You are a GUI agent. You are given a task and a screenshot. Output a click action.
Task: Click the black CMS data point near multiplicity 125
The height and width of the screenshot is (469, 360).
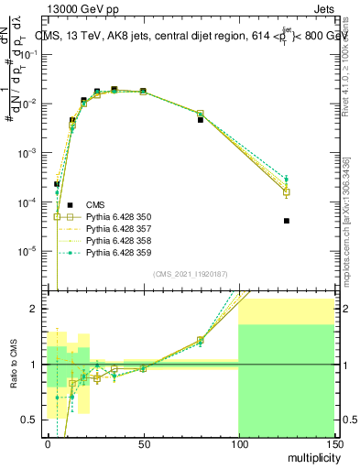[x=287, y=221]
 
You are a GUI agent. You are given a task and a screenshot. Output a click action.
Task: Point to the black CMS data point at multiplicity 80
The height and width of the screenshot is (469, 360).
[x=201, y=120]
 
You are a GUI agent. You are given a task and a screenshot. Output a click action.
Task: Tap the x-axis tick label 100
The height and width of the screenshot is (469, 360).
[x=238, y=444]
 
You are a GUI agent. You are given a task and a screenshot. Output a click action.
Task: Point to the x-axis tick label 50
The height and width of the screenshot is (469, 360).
[x=143, y=444]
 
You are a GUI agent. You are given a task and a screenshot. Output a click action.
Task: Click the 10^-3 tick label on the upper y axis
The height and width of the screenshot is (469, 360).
[x=30, y=152]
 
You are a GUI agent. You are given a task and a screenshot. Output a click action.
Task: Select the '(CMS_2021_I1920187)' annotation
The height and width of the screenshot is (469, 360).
[x=191, y=274]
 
